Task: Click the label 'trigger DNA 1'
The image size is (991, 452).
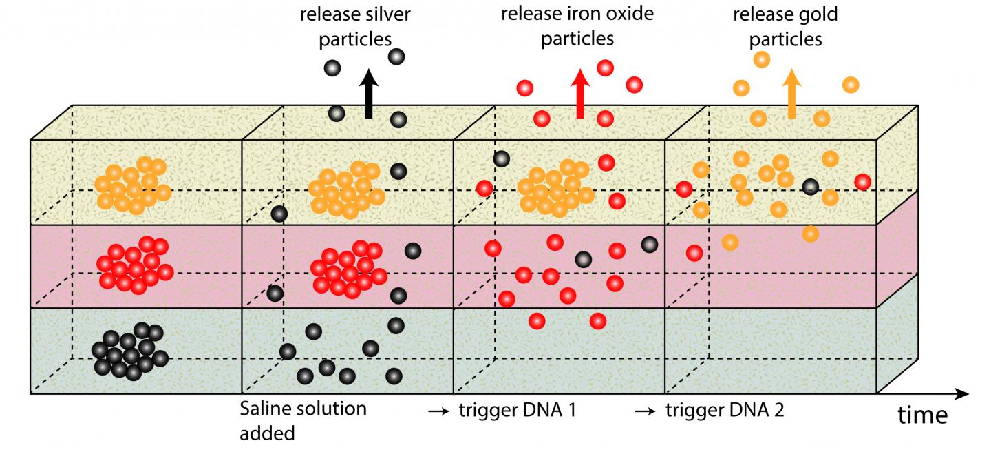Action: click(x=518, y=411)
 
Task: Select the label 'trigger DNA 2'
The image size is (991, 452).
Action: click(x=725, y=411)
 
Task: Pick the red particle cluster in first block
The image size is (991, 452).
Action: click(x=134, y=264)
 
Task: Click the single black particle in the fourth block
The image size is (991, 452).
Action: click(x=811, y=185)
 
